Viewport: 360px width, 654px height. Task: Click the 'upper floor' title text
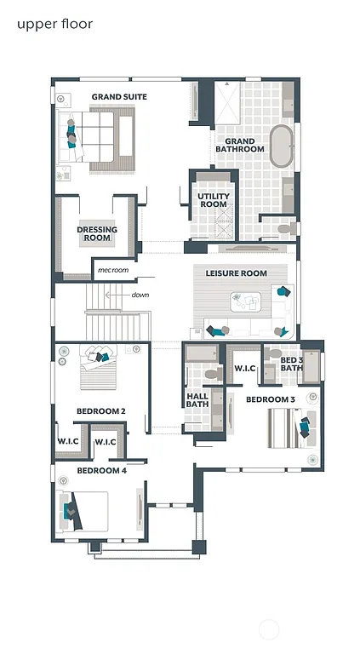pyautogui.click(x=54, y=24)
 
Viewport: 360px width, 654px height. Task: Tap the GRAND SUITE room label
pyautogui.click(x=119, y=97)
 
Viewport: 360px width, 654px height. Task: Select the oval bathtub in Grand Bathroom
pyautogui.click(x=280, y=145)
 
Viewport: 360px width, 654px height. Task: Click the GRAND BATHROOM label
pyautogui.click(x=239, y=145)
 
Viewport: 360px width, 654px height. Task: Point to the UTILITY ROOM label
pyautogui.click(x=213, y=200)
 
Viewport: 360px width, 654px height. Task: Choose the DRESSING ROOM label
pyautogui.click(x=97, y=233)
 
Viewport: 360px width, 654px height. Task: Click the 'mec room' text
pyautogui.click(x=112, y=270)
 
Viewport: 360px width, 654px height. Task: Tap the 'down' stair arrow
pyautogui.click(x=136, y=295)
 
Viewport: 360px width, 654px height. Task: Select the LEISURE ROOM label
pyautogui.click(x=236, y=273)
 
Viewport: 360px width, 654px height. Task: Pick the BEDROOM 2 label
pyautogui.click(x=101, y=411)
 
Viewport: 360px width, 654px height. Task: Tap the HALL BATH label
pyautogui.click(x=197, y=400)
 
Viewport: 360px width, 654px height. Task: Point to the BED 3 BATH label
pyautogui.click(x=291, y=364)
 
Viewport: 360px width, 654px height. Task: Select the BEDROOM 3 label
pyautogui.click(x=271, y=399)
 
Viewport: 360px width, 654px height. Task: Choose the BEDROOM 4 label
pyautogui.click(x=101, y=470)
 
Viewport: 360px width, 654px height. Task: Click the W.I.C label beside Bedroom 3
pyautogui.click(x=245, y=369)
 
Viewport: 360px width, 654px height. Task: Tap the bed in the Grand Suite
pyautogui.click(x=94, y=136)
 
